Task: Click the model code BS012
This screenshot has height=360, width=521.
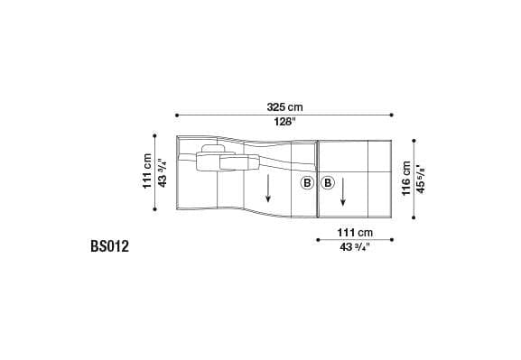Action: coord(109,246)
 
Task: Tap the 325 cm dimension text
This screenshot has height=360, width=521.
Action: coord(284,107)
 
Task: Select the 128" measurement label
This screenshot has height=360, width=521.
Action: coord(284,122)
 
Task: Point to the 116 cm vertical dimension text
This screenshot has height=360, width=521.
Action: coord(406,179)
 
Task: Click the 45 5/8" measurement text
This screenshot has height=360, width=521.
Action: coord(421,180)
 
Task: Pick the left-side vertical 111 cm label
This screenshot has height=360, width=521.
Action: coord(147,171)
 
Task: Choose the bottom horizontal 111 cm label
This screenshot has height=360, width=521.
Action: coord(355,232)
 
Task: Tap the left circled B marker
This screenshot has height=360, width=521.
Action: coord(307,183)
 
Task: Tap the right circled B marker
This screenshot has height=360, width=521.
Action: coord(328,183)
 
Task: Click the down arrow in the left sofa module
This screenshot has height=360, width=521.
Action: coord(268,189)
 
